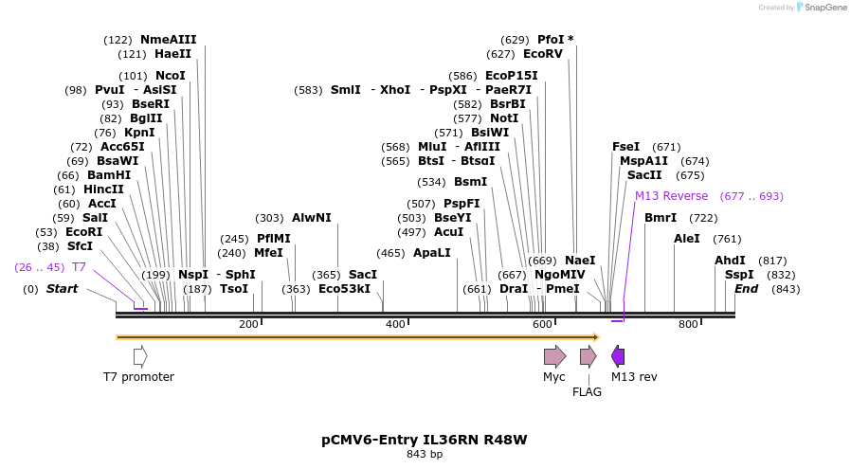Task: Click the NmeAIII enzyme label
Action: tap(168, 40)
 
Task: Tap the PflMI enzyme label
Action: tap(273, 239)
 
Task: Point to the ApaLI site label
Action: tap(431, 253)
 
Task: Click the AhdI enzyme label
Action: tap(730, 261)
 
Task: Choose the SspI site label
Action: tap(738, 275)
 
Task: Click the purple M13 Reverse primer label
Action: tap(671, 196)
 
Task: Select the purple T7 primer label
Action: tap(79, 267)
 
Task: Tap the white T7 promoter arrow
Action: tap(140, 356)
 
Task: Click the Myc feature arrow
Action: tap(554, 356)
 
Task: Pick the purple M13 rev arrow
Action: tap(618, 356)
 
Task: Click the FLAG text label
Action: tap(587, 391)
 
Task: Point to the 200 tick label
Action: tap(249, 325)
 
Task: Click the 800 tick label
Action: tap(688, 325)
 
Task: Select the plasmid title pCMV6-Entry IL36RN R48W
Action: tap(424, 440)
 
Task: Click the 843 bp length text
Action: tap(424, 455)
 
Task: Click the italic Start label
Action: tap(62, 288)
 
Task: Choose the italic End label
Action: tap(746, 288)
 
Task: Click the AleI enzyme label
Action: tap(686, 239)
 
